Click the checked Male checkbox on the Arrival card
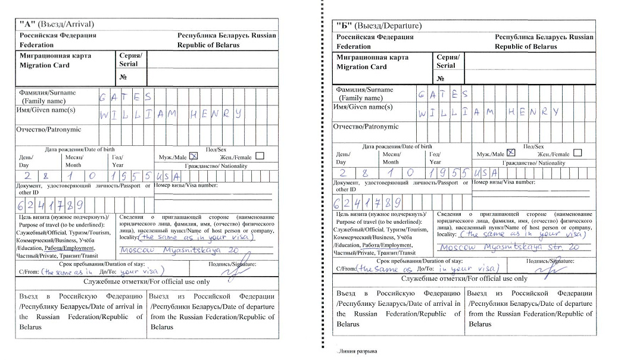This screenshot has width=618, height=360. [x=193, y=156]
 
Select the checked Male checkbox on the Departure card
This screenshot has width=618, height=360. [x=511, y=153]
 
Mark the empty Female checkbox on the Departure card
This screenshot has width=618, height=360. [x=577, y=153]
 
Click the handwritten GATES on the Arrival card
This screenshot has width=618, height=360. [x=126, y=96]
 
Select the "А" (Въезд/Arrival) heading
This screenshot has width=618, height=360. [x=57, y=24]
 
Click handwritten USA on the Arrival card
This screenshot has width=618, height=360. [x=168, y=177]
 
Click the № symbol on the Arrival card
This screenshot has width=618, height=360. [x=123, y=77]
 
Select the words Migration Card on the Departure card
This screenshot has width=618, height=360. [x=361, y=67]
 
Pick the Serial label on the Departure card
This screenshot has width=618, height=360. [x=445, y=65]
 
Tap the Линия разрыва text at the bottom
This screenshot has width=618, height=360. [x=356, y=351]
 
